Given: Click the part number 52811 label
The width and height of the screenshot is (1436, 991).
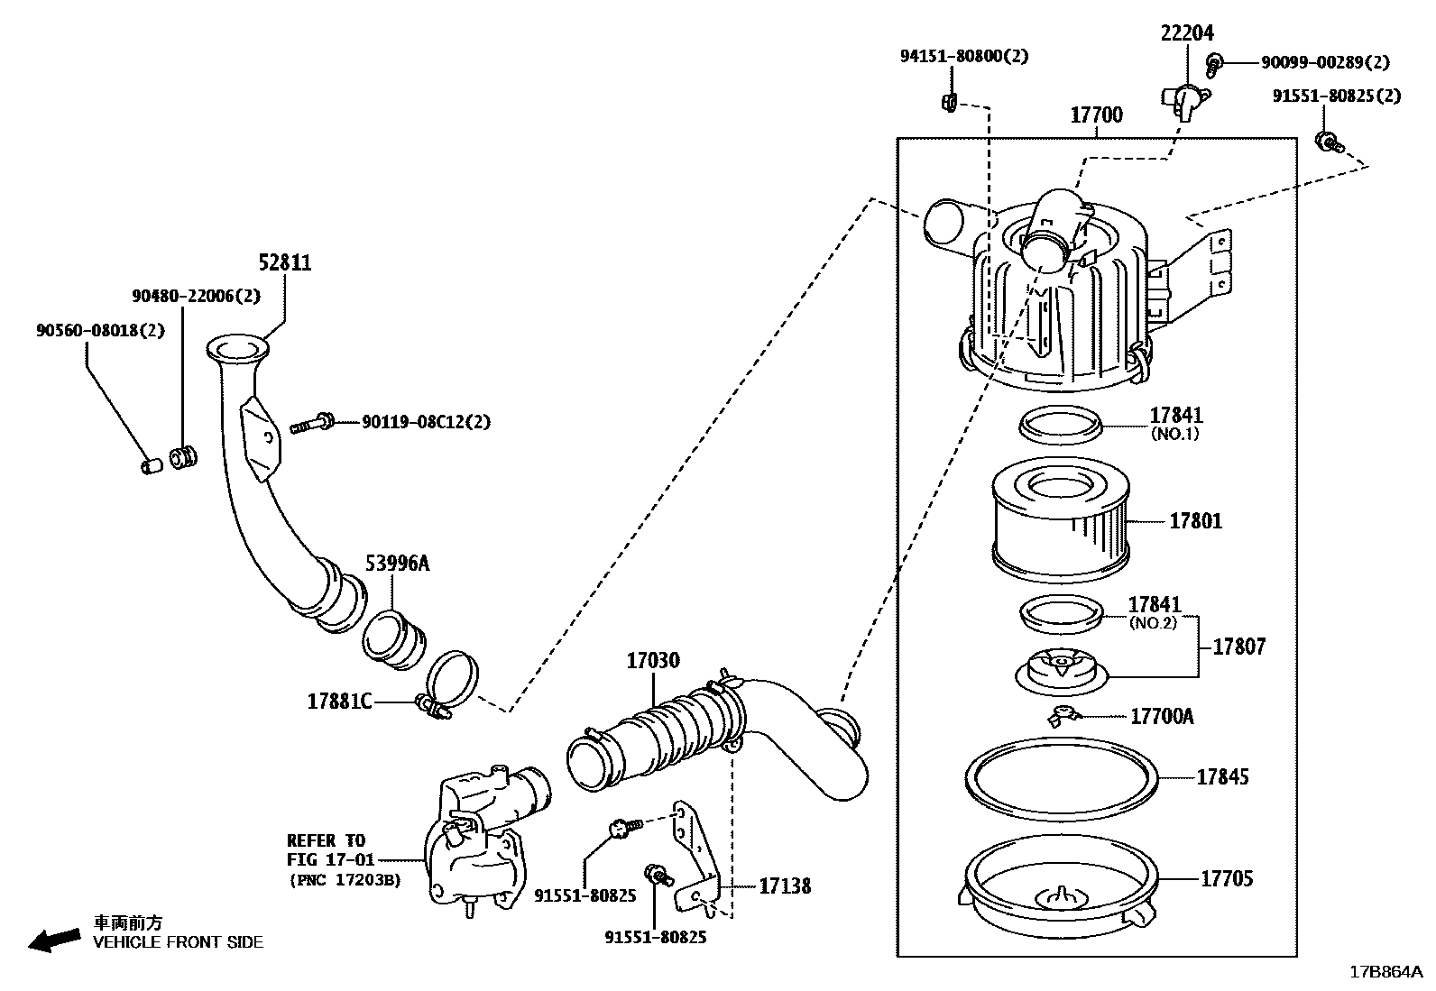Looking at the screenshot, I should coord(285,262).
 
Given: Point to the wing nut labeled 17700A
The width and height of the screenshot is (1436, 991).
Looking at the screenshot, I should coord(1063,715).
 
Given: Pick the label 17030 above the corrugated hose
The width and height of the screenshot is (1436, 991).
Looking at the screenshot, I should coord(653,661).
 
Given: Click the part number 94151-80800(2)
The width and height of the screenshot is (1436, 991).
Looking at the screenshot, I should coord(963,56).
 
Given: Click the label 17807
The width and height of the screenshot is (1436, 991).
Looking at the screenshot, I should coord(1238,647).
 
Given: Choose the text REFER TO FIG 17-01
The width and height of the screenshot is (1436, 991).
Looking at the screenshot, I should coord(327,849).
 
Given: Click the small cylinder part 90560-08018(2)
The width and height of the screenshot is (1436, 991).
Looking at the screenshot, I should coord(152,465).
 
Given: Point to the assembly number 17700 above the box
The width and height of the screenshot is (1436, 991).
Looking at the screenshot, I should coord(1096,115).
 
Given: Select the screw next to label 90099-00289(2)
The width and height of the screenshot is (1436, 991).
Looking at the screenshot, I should coord(1215,62).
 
